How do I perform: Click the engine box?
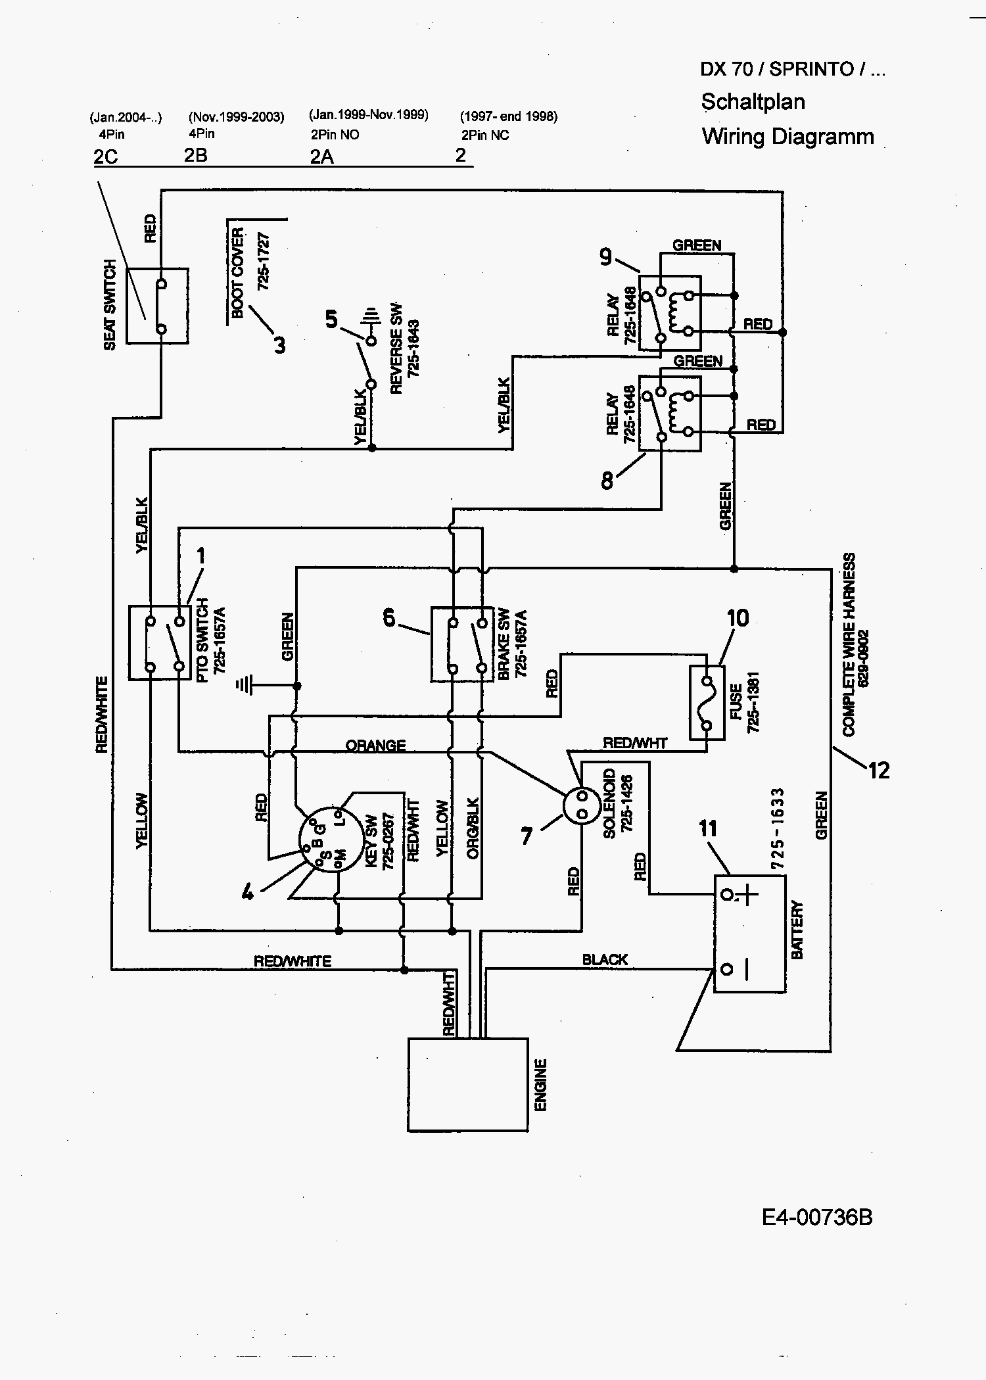tap(467, 1084)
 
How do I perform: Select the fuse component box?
tap(707, 703)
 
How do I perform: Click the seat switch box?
tap(157, 306)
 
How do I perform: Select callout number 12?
tap(879, 770)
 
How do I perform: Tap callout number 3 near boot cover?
tap(279, 345)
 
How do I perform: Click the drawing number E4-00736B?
tap(817, 1217)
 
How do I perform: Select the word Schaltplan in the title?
tap(753, 102)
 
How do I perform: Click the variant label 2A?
tap(322, 157)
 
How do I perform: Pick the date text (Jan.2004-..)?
tap(125, 118)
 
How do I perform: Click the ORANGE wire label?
tap(375, 746)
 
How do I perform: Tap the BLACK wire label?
tap(605, 959)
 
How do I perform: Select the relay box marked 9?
tap(670, 313)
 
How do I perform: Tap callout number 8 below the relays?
tap(607, 481)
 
